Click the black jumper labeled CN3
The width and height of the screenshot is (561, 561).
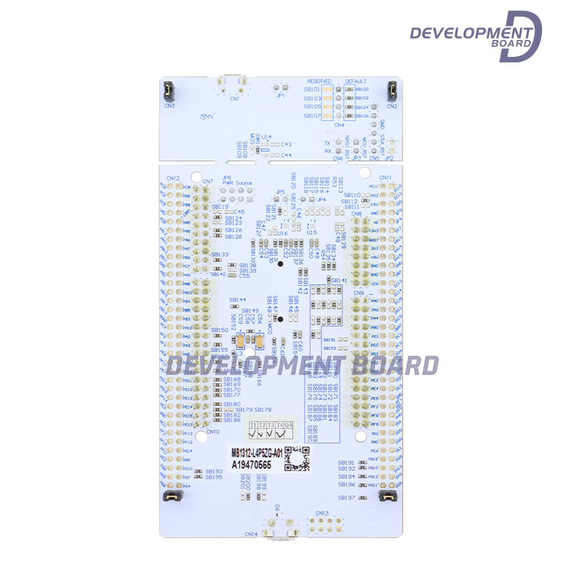point(170,91)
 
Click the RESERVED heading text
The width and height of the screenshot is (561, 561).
point(319,81)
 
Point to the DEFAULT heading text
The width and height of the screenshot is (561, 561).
point(356,81)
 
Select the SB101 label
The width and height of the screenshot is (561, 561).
point(312,90)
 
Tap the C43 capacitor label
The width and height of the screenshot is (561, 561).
point(286,144)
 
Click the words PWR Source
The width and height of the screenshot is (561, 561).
point(238,183)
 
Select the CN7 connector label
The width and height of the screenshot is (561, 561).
point(208,182)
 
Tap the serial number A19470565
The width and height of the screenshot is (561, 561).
point(252,464)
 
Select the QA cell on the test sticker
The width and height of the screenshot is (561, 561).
point(288,425)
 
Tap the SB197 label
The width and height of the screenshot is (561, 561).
point(346,498)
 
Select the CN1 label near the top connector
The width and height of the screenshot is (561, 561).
point(233,99)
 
